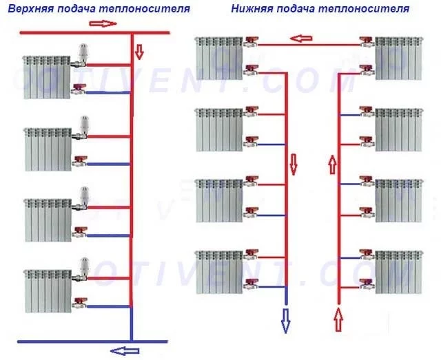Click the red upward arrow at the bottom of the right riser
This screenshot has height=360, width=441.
tap(338, 319)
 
